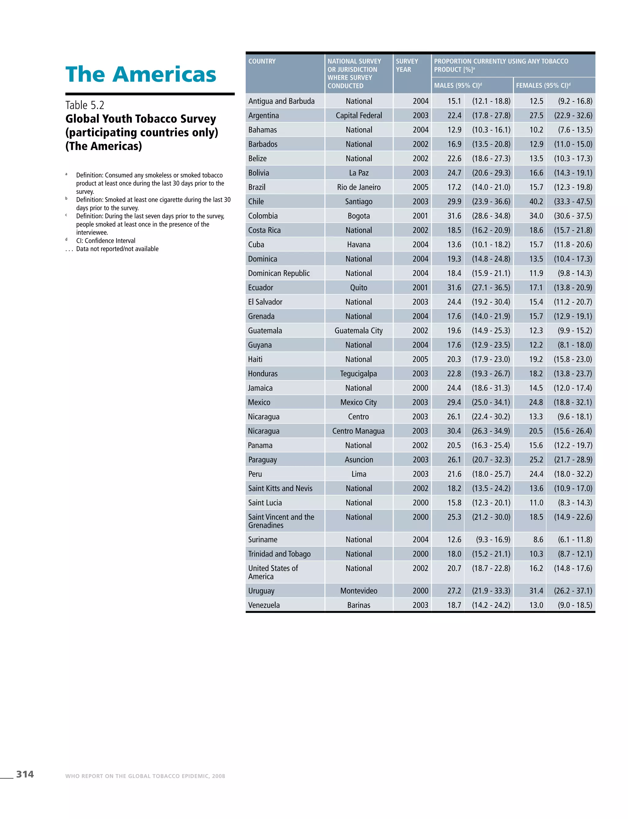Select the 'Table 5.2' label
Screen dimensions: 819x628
click(x=85, y=105)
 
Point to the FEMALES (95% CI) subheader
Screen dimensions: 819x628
click(x=543, y=86)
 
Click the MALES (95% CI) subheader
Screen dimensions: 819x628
click(x=458, y=86)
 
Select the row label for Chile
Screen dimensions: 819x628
click(x=256, y=201)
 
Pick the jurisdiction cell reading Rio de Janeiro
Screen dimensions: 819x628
click(x=358, y=187)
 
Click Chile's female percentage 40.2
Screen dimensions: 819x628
click(x=536, y=201)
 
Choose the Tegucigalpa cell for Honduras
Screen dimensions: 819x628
click(x=358, y=373)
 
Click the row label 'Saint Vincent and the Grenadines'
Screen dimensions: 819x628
click(x=281, y=521)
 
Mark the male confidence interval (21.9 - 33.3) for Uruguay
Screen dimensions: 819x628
click(x=491, y=591)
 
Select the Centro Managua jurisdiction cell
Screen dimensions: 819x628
click(x=358, y=431)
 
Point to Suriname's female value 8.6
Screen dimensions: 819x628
click(x=538, y=539)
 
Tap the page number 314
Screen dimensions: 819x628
click(x=25, y=774)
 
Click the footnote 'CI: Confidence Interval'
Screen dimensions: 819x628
click(x=106, y=241)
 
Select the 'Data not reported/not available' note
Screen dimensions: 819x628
click(x=117, y=249)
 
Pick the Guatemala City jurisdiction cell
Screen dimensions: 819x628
click(x=358, y=331)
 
